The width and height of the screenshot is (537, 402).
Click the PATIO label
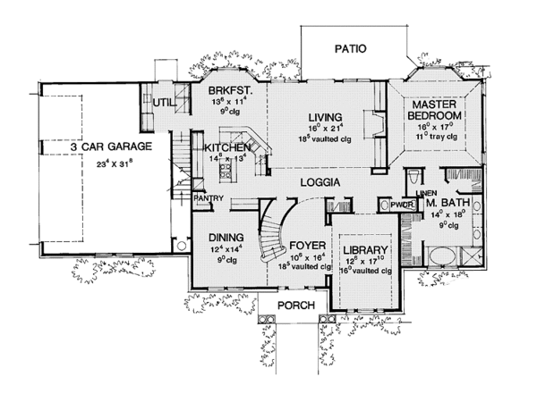tap(351, 48)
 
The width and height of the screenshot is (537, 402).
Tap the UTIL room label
tap(163, 103)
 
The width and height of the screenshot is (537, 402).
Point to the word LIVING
tap(327, 117)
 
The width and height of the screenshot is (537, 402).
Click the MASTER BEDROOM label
tap(436, 108)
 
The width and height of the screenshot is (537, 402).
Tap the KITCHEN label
tap(228, 147)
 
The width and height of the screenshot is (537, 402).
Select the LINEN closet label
tap(425, 194)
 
